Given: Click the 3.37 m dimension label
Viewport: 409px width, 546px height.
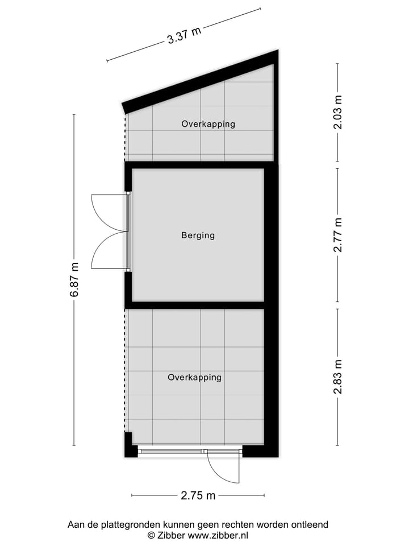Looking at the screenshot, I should [184, 35].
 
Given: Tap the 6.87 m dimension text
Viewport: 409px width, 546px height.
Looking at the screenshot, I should [74, 279].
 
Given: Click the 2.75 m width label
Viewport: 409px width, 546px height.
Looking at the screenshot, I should [198, 495].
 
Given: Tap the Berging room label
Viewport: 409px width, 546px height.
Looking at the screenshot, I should [198, 235].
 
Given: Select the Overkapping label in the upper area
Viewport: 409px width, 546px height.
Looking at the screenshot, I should [208, 123].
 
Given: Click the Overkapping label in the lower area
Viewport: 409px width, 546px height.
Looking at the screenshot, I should [194, 377].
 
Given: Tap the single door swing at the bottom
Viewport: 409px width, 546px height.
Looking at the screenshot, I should [223, 468].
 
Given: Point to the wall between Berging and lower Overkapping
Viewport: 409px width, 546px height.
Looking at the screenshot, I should [196, 305].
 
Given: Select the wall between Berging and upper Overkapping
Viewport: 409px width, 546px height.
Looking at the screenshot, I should [196, 165].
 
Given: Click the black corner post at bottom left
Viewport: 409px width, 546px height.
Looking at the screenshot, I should [130, 446].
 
